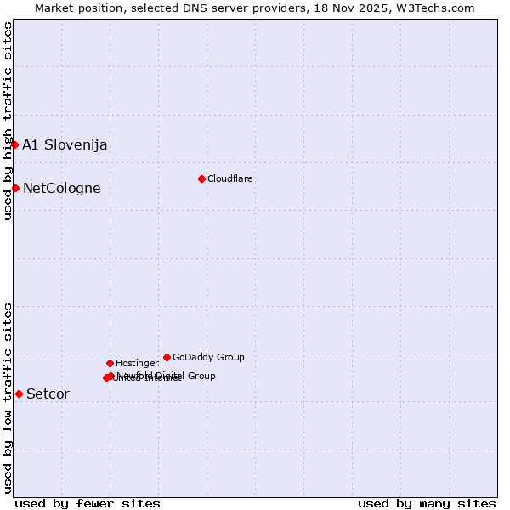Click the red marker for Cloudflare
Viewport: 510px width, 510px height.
point(201,178)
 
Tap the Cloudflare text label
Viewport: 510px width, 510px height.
point(230,178)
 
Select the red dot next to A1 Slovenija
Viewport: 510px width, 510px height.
point(14,144)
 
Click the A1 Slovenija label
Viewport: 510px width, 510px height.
point(65,144)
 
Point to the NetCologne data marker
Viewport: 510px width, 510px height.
point(15,188)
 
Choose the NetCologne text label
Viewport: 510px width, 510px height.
point(61,189)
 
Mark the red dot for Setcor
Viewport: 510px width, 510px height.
point(19,394)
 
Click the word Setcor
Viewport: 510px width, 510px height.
point(48,394)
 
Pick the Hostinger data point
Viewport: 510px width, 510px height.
point(110,363)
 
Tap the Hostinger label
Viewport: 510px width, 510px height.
point(137,364)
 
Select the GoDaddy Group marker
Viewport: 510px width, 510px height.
point(167,357)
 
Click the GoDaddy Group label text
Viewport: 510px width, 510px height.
point(208,357)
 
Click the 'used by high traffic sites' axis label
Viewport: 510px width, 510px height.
point(8,122)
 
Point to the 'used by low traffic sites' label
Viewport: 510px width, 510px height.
point(8,398)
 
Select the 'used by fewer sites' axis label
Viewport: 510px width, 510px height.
point(88,503)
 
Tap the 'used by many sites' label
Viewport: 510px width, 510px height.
point(427,503)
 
